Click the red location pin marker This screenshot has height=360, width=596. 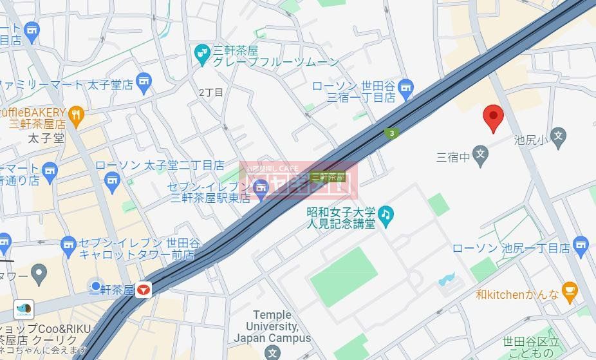pyautogui.click(x=493, y=117)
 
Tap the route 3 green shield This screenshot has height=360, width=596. pyautogui.click(x=391, y=133)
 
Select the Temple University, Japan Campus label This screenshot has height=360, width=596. pyautogui.click(x=272, y=327)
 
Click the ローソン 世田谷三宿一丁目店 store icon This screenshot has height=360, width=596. pyautogui.click(x=405, y=86)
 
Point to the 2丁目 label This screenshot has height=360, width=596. pyautogui.click(x=210, y=93)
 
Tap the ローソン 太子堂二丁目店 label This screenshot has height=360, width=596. pyautogui.click(x=160, y=165)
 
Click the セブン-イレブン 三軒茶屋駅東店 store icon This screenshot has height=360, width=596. pyautogui.click(x=260, y=188)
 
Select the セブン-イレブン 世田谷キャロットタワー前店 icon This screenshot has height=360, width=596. pyautogui.click(x=68, y=244)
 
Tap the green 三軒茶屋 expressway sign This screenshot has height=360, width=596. pyautogui.click(x=328, y=176)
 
